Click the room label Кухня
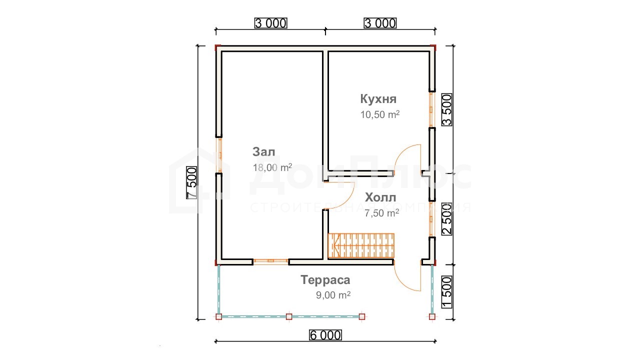[x=378, y=99]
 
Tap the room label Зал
[x=263, y=151]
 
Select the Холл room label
[x=380, y=197]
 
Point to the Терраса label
[x=325, y=279]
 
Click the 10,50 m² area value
[x=379, y=114]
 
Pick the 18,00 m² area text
[x=272, y=167]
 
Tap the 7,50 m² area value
[x=381, y=213]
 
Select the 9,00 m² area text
[x=333, y=295]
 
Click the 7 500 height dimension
[x=191, y=183]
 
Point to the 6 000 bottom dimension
[x=325, y=335]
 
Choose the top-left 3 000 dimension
[x=271, y=23]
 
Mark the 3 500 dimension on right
[x=447, y=110]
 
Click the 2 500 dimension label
[x=447, y=219]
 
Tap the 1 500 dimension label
[x=447, y=292]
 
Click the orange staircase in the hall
[x=361, y=245]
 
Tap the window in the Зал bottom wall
[x=270, y=261]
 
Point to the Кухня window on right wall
[x=431, y=109]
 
